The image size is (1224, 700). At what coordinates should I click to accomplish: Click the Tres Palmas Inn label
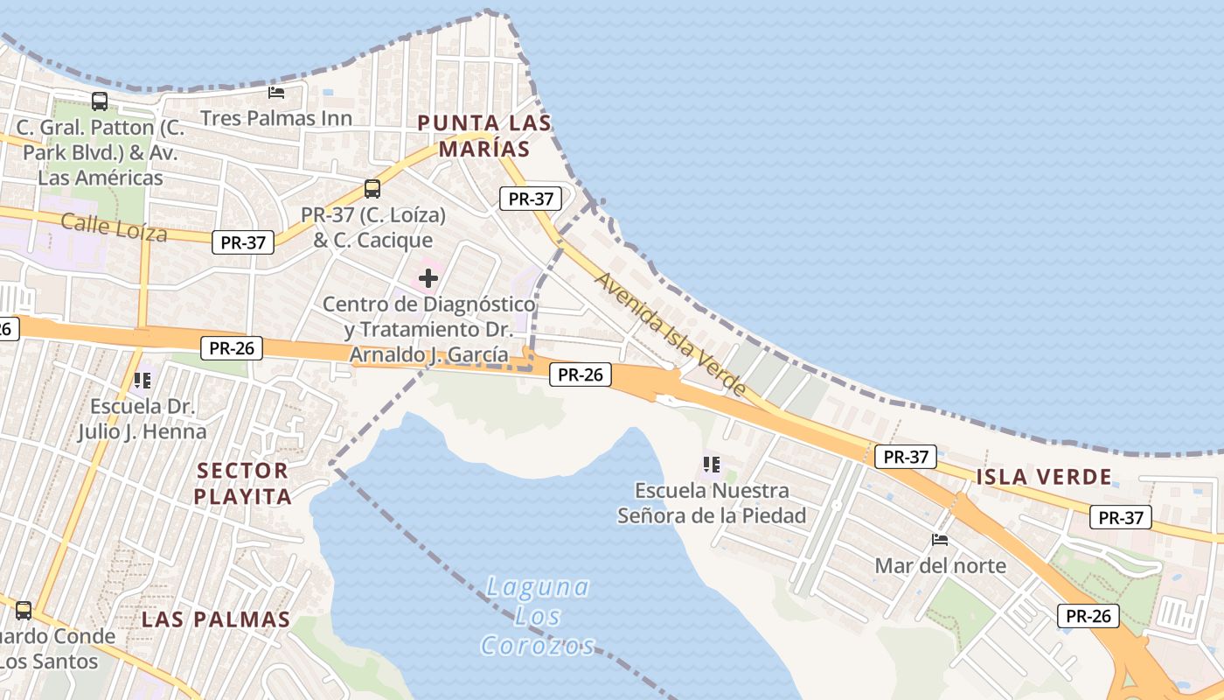coord(276,118)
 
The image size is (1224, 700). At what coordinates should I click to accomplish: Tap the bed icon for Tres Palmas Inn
coord(276,92)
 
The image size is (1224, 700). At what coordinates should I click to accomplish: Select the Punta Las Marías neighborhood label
coord(484,136)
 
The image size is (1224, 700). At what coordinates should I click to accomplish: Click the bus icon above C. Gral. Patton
coord(100,101)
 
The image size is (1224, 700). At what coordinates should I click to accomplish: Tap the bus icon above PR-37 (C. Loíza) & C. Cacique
coord(372,189)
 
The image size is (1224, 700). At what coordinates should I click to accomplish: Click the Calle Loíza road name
coord(114,227)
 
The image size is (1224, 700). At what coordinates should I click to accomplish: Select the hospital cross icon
coord(428,279)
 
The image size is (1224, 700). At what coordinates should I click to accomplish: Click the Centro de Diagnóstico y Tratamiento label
coord(428,330)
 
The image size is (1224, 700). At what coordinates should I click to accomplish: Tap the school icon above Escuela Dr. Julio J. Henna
coord(143,381)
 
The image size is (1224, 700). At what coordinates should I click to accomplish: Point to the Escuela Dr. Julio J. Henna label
coord(143,419)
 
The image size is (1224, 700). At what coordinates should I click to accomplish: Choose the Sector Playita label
coord(242,484)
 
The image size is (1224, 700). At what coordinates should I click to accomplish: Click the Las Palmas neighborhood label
coord(216,619)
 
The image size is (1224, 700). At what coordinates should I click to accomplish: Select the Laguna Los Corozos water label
coord(537,616)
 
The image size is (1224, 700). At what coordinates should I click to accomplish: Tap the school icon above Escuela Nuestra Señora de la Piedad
coord(712,464)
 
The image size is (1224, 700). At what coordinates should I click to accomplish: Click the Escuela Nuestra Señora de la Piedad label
coord(712,503)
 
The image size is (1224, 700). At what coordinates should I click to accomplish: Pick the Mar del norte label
coord(940,565)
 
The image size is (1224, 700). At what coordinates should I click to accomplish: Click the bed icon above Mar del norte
coord(940,540)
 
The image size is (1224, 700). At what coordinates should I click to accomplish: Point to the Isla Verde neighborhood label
coord(1044,477)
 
